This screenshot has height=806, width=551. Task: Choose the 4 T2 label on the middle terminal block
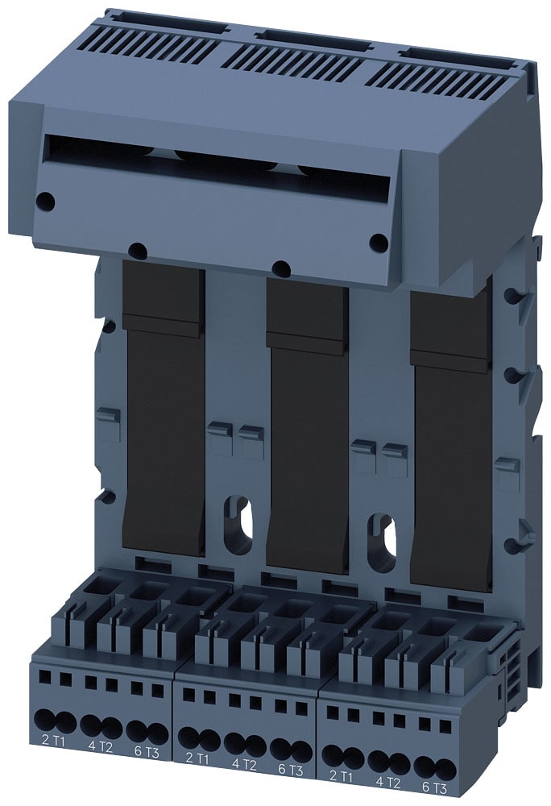(243, 763)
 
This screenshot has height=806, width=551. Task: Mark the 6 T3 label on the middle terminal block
(290, 769)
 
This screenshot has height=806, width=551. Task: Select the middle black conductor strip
(307, 435)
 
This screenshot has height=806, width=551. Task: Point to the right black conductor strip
(450, 451)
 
